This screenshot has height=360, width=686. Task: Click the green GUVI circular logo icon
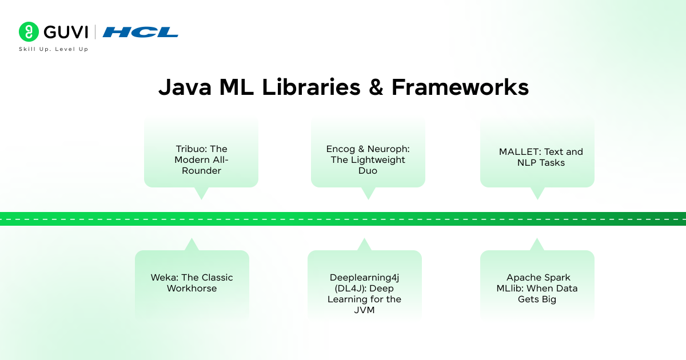[28, 32]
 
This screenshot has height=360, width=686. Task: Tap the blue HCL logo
[141, 32]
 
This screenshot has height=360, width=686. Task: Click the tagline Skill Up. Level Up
[54, 49]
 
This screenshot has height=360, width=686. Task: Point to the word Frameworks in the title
[460, 87]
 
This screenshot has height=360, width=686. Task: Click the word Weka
[163, 278]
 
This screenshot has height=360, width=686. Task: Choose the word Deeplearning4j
[364, 278]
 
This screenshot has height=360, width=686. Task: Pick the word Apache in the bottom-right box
[522, 278]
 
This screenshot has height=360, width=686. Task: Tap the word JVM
[365, 310]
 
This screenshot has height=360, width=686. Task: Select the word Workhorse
[192, 289]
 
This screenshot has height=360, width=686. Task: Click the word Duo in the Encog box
[368, 171]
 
